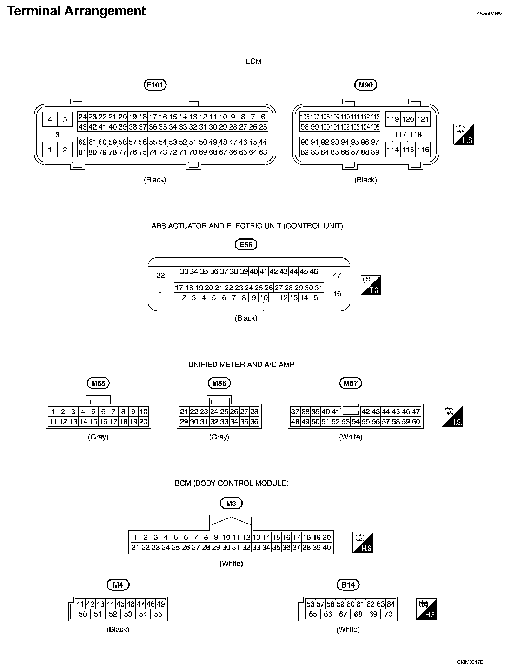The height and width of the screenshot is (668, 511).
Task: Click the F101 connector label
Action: (x=155, y=85)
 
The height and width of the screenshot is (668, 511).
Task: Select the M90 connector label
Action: (x=366, y=85)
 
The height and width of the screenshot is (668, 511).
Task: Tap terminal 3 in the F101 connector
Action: (x=58, y=134)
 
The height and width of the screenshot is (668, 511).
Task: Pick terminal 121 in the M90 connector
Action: (x=423, y=119)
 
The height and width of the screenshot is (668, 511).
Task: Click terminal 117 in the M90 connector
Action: (x=400, y=134)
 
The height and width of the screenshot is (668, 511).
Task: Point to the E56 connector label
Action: (x=246, y=244)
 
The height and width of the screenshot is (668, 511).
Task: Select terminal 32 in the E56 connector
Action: (x=161, y=275)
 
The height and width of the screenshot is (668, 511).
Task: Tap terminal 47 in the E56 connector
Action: (x=337, y=275)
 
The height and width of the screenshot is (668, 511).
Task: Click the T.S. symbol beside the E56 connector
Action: (x=371, y=285)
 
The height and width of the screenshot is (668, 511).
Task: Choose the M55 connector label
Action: (x=98, y=383)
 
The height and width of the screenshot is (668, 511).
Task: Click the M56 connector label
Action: (x=219, y=383)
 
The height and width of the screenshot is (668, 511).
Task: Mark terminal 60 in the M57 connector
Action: (x=416, y=421)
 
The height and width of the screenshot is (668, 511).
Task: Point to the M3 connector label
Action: (x=231, y=503)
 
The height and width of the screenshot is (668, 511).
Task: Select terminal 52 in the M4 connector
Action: (x=113, y=614)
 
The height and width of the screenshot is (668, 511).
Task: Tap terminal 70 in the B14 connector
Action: (x=388, y=614)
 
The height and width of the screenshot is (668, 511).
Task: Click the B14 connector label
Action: (x=348, y=585)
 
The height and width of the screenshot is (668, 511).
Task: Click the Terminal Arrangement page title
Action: (x=76, y=11)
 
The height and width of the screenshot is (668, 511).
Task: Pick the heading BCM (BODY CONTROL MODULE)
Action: (x=232, y=483)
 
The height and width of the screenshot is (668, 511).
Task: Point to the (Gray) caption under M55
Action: (x=98, y=437)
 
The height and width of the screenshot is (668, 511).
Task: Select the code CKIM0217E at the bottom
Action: (x=470, y=662)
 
